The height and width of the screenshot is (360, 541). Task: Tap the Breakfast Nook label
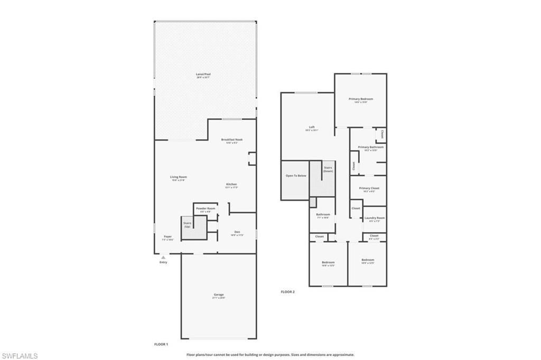[231, 140]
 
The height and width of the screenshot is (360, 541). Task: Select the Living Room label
[178, 177]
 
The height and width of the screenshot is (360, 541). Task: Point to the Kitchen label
[231, 184]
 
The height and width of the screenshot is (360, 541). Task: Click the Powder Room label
[206, 209]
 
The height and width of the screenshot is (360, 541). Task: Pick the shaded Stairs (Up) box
[190, 228]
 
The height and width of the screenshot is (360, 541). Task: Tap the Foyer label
[167, 237]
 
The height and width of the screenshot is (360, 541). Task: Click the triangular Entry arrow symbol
[163, 257]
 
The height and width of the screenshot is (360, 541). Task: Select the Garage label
[219, 294]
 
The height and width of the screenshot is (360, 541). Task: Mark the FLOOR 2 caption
[287, 292]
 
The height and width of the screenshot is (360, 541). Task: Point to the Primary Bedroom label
[361, 99]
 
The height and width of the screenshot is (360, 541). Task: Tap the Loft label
[312, 127]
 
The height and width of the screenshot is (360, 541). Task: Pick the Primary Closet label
[369, 188]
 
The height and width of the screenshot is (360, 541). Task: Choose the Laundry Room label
[374, 218]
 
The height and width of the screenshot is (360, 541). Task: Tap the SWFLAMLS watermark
[20, 356]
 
